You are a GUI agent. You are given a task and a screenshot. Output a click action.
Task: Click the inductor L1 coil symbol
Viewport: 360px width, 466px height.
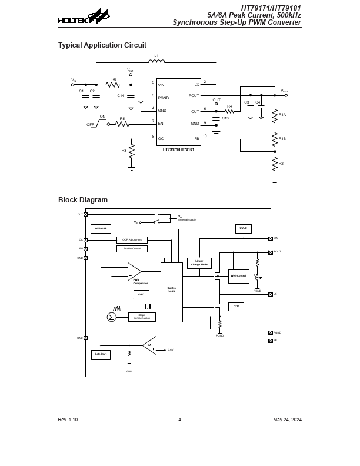coord(156,61)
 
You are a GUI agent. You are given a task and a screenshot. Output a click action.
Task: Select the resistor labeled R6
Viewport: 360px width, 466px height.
coord(114,85)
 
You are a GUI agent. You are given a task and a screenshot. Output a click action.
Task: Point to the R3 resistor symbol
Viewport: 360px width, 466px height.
coord(131,151)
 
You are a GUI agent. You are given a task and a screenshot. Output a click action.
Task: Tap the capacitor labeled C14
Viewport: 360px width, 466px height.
coord(131,95)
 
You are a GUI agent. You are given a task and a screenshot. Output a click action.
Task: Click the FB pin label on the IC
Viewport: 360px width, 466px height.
coord(196,138)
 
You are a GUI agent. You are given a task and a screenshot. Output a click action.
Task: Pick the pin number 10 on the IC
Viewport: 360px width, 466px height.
coord(205,136)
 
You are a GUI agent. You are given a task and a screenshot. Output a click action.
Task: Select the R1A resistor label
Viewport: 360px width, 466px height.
coord(282,115)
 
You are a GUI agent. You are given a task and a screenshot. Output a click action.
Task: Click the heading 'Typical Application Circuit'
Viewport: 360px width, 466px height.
coord(102,45)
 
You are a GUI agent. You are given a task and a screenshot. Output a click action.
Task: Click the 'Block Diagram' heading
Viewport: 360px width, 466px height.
coord(83,200)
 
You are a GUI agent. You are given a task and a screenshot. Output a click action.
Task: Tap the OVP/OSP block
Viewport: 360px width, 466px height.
coord(101,229)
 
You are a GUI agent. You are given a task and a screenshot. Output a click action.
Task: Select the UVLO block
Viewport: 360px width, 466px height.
coord(243,228)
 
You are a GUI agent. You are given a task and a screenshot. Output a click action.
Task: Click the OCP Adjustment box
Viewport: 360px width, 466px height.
coord(132,240)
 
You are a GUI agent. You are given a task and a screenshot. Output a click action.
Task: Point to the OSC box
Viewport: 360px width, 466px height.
coord(141,294)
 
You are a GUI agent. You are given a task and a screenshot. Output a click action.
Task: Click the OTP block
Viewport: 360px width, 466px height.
coord(236,307)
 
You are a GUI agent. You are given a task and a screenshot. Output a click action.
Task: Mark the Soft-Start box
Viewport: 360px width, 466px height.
coord(101,354)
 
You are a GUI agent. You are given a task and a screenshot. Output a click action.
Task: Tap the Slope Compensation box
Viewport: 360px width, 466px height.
coord(142,317)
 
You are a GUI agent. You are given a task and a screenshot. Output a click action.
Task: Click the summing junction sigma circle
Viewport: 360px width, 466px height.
coord(112,317)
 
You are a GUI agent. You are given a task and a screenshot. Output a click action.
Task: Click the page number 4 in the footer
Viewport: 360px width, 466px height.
coord(179,420)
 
